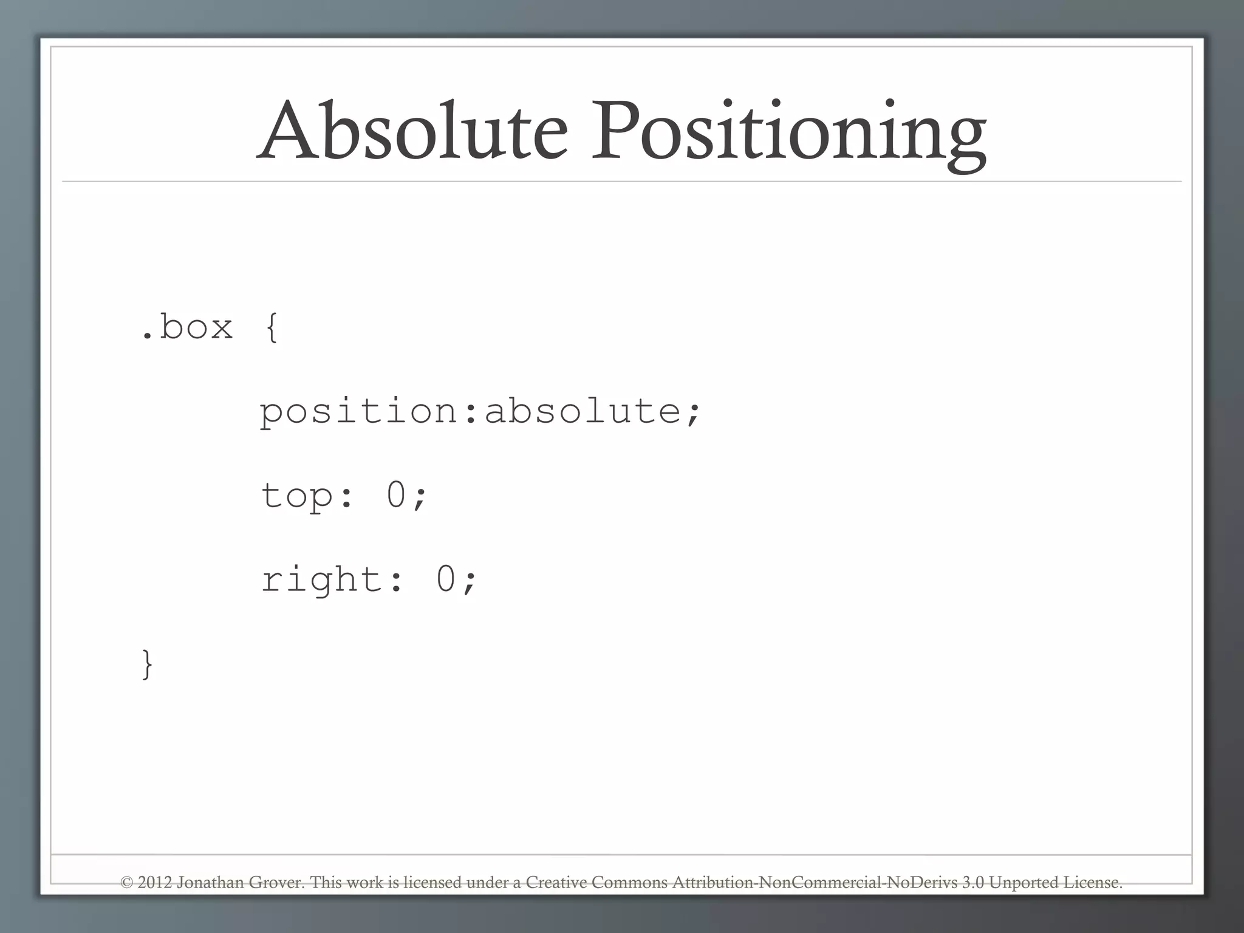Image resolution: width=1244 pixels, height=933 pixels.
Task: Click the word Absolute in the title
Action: pos(412,130)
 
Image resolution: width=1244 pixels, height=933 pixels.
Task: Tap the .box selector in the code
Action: pos(187,327)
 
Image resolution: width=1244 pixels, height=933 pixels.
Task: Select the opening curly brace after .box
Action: pos(272,328)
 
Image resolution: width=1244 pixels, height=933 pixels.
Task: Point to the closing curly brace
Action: pos(147,664)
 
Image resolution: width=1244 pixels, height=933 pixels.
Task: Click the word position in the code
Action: pos(359,412)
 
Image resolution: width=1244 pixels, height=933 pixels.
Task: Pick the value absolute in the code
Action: pos(583,411)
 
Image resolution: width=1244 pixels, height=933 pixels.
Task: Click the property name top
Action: pos(297,495)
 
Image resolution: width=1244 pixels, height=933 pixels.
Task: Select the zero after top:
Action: pos(395,494)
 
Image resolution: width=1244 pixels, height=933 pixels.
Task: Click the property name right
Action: pos(322,579)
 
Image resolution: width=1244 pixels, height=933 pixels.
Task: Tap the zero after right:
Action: pos(445,578)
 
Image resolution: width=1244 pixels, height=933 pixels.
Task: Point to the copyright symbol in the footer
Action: pos(126,883)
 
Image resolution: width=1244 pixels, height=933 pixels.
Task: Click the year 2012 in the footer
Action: pos(155,883)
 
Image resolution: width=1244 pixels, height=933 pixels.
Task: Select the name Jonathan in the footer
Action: pos(210,883)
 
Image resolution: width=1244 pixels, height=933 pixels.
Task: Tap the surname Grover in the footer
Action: pos(277,883)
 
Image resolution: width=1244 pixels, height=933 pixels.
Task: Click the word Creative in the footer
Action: pos(556,883)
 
